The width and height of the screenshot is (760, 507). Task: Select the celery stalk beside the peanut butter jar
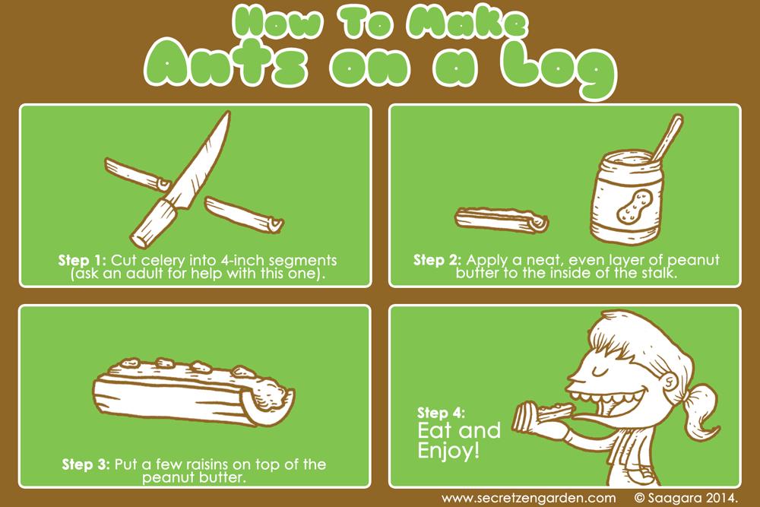point(502,220)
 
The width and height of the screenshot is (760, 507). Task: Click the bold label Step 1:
point(82,260)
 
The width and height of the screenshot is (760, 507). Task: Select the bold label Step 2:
point(437,260)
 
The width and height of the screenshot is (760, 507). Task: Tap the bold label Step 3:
point(86,464)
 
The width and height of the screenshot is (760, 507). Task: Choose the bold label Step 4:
point(441,413)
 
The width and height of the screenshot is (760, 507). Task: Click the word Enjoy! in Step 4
point(448,451)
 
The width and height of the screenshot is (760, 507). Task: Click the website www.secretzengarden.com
point(528,498)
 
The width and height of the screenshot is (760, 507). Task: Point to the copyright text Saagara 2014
point(693,498)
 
